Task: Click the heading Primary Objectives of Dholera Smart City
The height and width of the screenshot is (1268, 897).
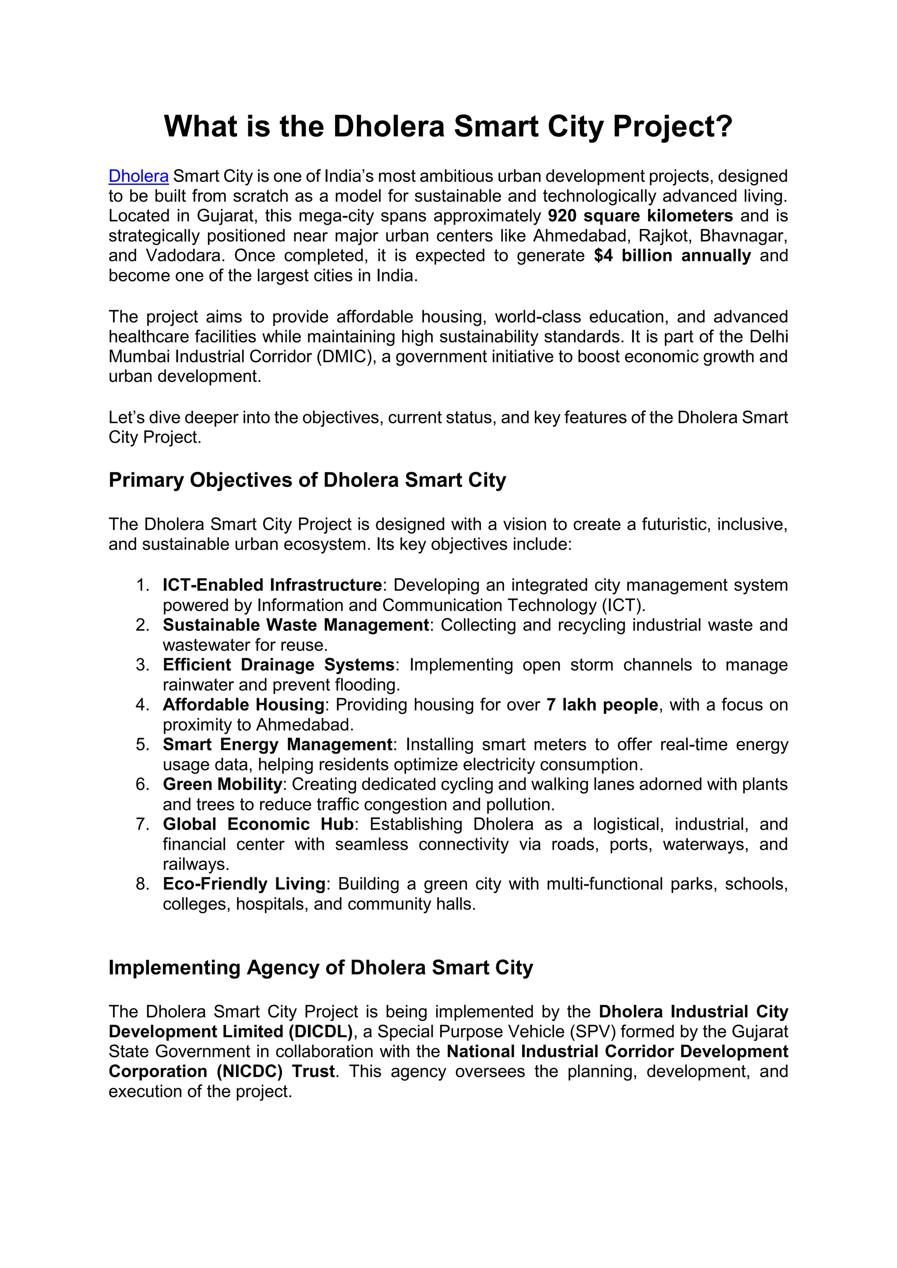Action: pyautogui.click(x=307, y=480)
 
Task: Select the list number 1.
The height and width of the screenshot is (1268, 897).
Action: pyautogui.click(x=142, y=585)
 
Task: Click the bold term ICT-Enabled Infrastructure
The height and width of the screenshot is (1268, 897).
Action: pyautogui.click(x=272, y=585)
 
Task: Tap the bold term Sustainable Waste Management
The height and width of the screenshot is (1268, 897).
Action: pyautogui.click(x=296, y=625)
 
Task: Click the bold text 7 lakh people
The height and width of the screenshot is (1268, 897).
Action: pyautogui.click(x=602, y=704)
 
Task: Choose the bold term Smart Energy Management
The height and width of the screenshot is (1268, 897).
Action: pyautogui.click(x=277, y=744)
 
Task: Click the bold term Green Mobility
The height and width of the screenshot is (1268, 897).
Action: pyautogui.click(x=222, y=784)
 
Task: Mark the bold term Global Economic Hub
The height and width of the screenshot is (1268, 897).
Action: pyautogui.click(x=258, y=824)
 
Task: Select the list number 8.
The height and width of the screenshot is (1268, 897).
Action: pyautogui.click(x=142, y=884)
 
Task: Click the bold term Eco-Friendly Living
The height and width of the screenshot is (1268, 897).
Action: pyautogui.click(x=244, y=884)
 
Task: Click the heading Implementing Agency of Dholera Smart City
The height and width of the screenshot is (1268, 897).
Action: pyautogui.click(x=320, y=968)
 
